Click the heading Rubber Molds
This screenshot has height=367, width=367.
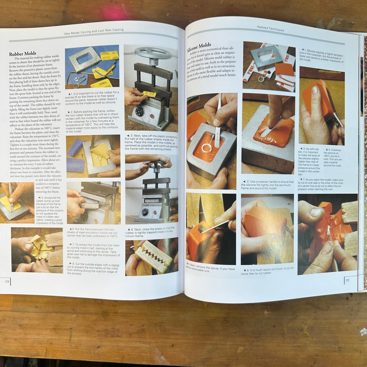(23, 54)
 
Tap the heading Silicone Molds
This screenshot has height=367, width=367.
(199, 47)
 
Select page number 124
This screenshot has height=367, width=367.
(7, 281)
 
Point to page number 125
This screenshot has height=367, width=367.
(347, 280)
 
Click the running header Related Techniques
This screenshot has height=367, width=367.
(270, 28)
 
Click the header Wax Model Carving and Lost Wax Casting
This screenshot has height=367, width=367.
(94, 32)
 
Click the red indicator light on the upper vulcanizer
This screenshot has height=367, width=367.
(152, 116)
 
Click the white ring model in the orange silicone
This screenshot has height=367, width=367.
(206, 147)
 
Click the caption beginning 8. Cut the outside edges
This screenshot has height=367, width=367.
(93, 269)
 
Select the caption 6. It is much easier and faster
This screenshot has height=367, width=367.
(267, 271)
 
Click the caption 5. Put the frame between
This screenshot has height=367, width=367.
(92, 232)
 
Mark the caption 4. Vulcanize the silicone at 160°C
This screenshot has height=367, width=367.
(332, 158)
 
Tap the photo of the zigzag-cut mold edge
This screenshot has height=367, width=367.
(152, 257)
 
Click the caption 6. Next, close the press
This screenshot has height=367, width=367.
(150, 232)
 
